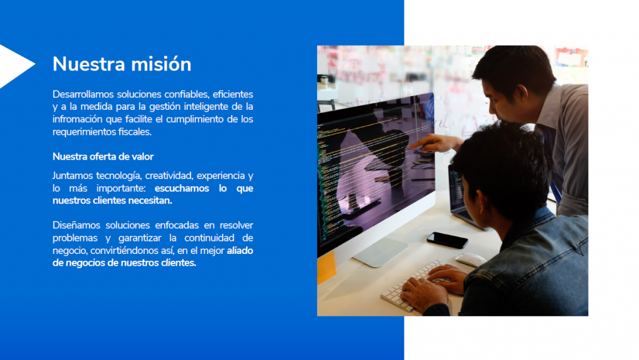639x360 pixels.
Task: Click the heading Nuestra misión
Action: click(x=122, y=64)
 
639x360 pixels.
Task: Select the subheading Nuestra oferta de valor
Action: click(x=103, y=157)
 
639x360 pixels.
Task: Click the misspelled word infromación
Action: click(x=77, y=119)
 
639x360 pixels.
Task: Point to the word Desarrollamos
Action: click(x=83, y=94)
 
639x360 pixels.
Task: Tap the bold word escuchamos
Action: click(x=182, y=188)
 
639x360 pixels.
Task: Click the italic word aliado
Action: click(x=240, y=250)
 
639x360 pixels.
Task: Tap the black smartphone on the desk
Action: click(x=447, y=240)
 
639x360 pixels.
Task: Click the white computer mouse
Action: click(x=471, y=260)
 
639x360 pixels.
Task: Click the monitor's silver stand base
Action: click(x=381, y=252)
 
